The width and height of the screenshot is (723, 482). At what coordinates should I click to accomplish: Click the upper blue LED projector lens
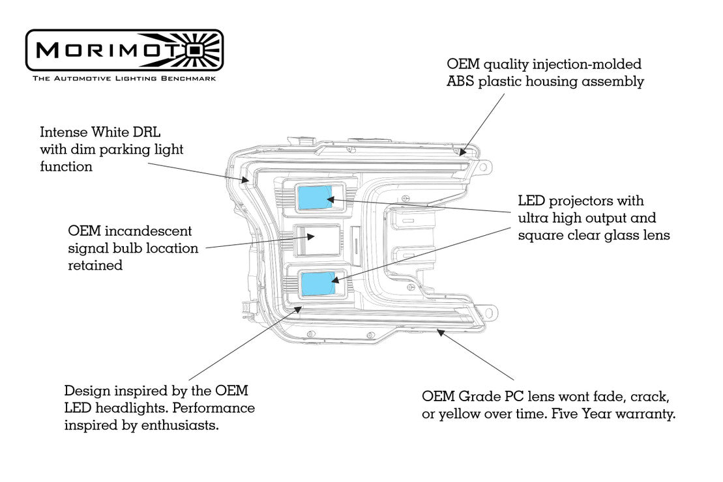(314, 197)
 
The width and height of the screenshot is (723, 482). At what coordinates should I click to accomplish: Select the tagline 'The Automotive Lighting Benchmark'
(124, 78)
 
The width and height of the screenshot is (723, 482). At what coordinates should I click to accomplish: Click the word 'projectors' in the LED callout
(582, 201)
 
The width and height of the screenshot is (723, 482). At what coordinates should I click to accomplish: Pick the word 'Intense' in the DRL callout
(61, 132)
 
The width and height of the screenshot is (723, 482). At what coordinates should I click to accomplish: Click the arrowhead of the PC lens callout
(439, 332)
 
